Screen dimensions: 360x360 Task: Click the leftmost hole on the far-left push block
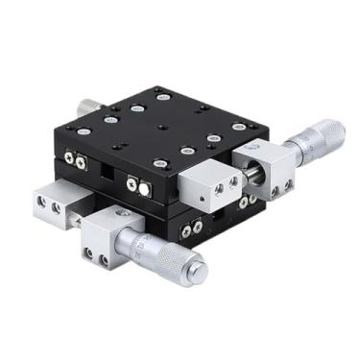[41, 203]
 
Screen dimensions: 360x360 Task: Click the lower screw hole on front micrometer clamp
[95, 254]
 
